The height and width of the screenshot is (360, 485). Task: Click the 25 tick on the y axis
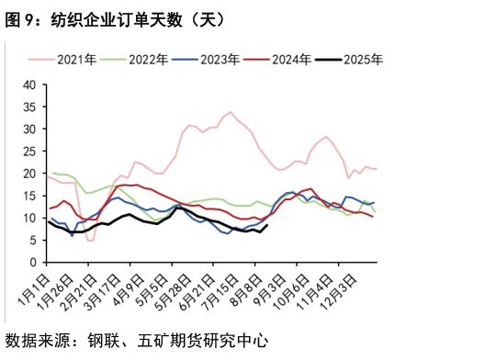click(29, 151)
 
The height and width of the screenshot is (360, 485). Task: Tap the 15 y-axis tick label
click(29, 196)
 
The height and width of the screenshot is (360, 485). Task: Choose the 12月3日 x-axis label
click(358, 288)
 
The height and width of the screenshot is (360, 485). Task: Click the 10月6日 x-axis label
click(300, 288)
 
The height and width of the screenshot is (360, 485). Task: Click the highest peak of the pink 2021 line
click(230, 112)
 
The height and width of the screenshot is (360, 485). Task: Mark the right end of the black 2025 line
click(267, 225)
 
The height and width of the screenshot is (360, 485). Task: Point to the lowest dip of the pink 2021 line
click(90, 241)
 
